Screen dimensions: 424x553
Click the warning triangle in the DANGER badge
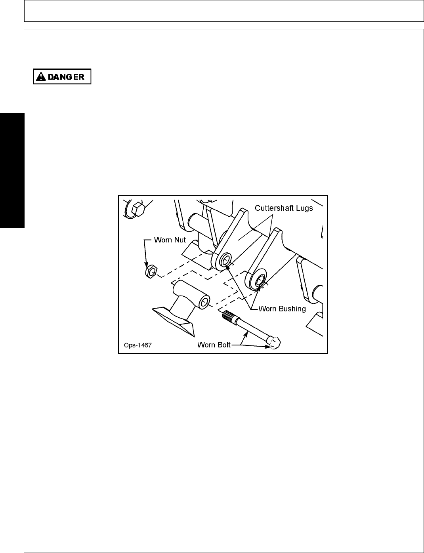pos(40,77)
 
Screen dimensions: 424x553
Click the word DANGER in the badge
pos(66,77)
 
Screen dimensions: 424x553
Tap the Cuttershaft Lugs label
pos(284,208)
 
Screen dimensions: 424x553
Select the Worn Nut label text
pos(170,240)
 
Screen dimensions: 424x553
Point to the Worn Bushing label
pos(282,309)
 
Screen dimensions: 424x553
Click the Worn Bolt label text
pos(214,345)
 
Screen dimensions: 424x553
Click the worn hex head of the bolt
pos(274,342)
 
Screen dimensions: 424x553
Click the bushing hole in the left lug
pos(225,260)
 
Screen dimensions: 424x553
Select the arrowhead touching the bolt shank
pos(246,334)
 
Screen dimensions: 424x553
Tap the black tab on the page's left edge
pos(12,170)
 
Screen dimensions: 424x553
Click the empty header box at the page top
pos(224,11)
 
